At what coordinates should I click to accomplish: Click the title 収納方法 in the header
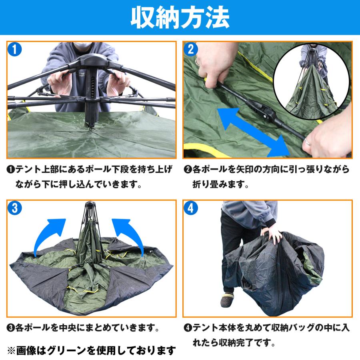point(180,18)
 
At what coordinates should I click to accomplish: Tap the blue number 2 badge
point(191,50)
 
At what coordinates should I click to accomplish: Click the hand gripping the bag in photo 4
point(273,236)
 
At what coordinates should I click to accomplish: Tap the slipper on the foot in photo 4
point(225,300)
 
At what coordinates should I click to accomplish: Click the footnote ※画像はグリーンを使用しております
point(92,350)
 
